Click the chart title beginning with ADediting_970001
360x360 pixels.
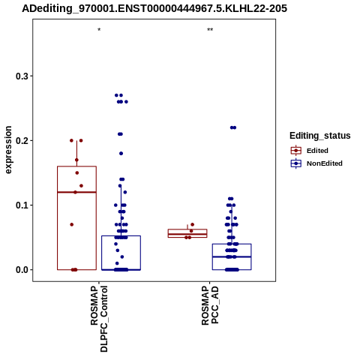pos(154,8)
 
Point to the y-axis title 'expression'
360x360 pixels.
pos(8,150)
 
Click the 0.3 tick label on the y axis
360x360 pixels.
pos(22,76)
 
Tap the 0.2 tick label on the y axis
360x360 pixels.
pos(22,141)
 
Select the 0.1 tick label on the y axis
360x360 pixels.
pos(22,205)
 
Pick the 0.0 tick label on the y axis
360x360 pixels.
pos(22,270)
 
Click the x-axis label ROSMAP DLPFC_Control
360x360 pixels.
pos(99,319)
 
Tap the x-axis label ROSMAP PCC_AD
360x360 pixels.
pos(210,305)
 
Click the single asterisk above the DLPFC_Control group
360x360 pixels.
pos(99,30)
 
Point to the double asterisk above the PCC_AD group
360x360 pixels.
pos(210,30)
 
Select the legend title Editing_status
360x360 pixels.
pos(320,136)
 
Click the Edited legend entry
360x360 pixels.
pos(309,151)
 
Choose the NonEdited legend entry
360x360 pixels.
pos(316,163)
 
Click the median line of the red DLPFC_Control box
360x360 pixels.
pos(76,192)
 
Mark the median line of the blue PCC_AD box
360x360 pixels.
pos(232,256)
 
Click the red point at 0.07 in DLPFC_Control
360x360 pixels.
pos(72,224)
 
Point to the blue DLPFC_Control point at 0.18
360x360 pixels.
pos(121,154)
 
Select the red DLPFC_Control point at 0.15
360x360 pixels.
pos(77,172)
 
